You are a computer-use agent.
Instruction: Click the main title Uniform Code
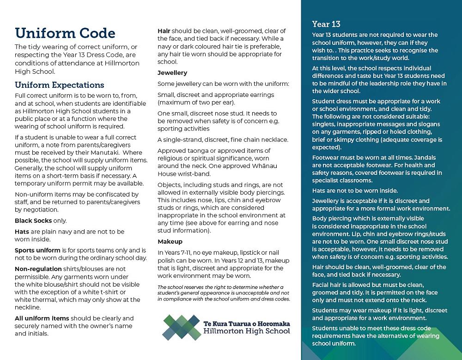(x=65, y=33)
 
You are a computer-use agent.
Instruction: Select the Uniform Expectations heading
(x=60, y=85)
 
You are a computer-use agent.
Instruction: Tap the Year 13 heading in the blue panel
(x=327, y=24)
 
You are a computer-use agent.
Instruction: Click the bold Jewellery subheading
(x=172, y=73)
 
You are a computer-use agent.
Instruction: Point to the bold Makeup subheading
(x=170, y=241)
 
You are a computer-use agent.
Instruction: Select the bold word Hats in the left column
(x=22, y=231)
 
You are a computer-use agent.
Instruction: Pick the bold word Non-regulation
(x=38, y=269)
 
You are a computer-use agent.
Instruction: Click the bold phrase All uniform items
(x=42, y=318)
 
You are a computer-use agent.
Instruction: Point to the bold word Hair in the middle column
(x=164, y=31)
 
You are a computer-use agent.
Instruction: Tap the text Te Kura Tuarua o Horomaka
(x=247, y=323)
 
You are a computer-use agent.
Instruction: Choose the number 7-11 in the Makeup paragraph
(x=191, y=252)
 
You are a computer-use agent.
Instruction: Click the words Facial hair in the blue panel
(x=328, y=284)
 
